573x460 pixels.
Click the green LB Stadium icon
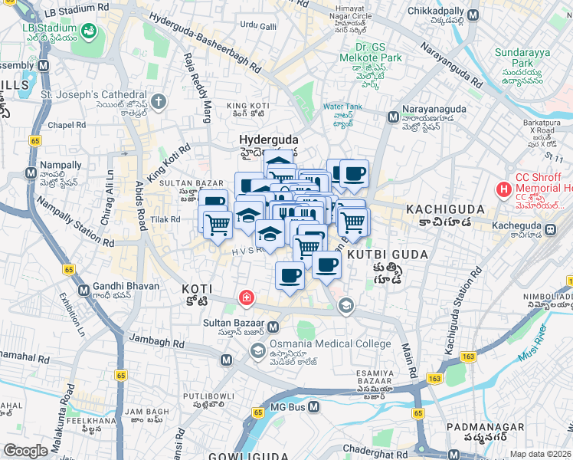point(90,31)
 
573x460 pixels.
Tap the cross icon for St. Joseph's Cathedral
point(159,101)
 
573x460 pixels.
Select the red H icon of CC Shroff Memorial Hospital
point(504,188)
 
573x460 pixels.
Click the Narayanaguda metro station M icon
point(392,117)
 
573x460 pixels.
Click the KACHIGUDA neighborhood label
point(444,209)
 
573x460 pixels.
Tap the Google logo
point(25,451)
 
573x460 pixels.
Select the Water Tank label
point(342,107)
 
